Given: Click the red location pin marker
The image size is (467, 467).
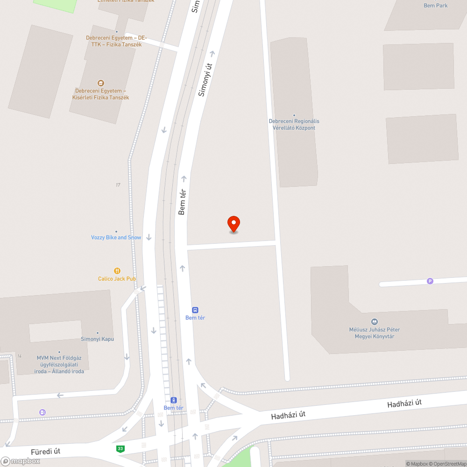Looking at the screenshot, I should (233, 224).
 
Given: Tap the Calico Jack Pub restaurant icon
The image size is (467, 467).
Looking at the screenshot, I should (117, 271).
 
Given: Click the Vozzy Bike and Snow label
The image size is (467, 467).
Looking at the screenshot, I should (116, 237).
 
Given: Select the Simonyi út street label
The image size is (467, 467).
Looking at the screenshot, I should (205, 80).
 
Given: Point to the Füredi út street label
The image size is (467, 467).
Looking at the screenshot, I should (45, 452).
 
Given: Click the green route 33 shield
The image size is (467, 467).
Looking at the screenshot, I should (120, 449).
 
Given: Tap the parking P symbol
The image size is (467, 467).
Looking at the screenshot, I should (430, 281).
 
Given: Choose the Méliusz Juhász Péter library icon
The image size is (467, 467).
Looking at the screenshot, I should (374, 322).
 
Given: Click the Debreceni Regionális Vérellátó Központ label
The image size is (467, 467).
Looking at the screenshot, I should (294, 124).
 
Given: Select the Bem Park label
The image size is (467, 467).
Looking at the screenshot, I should (435, 6).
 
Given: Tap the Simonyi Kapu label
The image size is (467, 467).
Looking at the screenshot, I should (97, 339).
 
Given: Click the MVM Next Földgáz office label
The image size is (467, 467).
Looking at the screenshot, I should (59, 364).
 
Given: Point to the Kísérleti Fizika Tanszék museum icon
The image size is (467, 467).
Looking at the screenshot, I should (100, 83).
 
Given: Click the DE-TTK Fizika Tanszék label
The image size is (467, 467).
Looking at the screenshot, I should (116, 41).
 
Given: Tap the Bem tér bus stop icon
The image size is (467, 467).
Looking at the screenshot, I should (195, 310).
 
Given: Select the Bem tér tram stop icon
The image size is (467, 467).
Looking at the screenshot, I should (174, 400).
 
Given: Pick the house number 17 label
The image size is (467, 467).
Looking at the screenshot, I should (118, 185).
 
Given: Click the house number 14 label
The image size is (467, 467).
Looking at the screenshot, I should (19, 356).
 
